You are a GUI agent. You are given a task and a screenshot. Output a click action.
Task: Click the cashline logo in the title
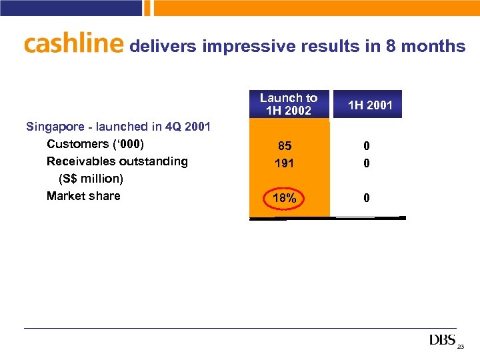[73, 44]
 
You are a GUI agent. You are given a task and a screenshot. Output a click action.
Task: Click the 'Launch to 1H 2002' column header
[289, 104]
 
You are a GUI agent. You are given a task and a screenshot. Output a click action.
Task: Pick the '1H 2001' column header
[371, 105]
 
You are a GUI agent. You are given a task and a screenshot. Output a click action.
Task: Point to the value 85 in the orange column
[285, 145]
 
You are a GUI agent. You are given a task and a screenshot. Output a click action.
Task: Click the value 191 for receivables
[285, 163]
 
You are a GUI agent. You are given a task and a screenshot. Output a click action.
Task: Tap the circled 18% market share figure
[285, 198]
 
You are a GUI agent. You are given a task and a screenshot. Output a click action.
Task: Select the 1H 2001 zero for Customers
[367, 145]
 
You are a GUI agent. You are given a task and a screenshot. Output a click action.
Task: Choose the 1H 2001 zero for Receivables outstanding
[367, 163]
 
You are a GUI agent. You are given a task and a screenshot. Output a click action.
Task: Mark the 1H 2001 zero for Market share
[367, 198]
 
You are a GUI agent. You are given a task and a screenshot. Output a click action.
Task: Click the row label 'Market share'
[83, 196]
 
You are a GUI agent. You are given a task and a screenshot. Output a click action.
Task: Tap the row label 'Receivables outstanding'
[117, 161]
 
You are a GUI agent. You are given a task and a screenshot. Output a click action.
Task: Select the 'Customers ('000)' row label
[95, 144]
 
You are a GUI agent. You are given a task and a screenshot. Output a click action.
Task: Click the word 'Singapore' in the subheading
[54, 127]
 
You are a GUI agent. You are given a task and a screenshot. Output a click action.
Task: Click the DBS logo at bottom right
[443, 341]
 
